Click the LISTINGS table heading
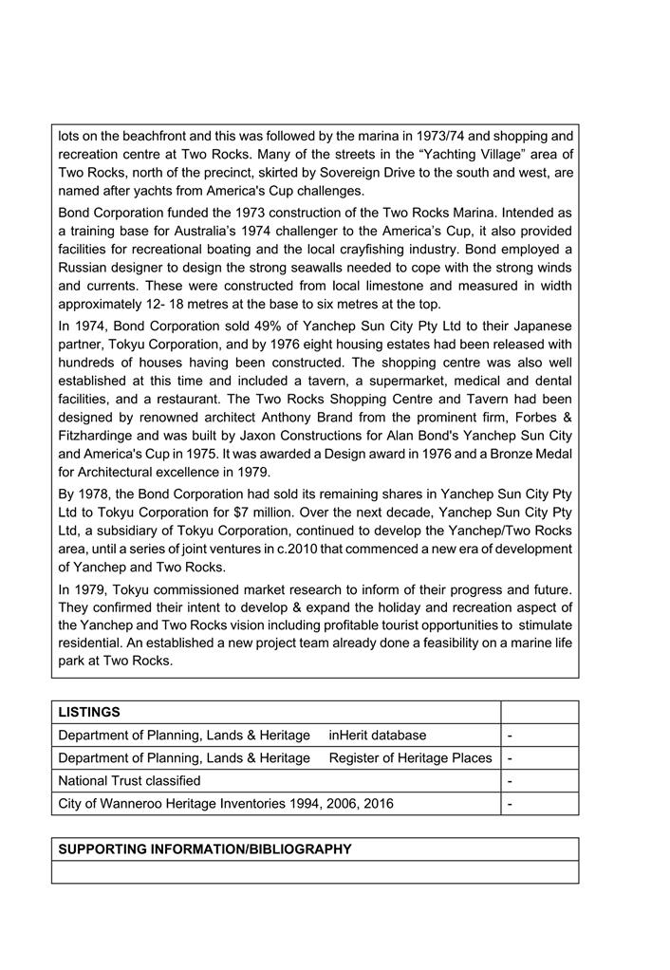89,712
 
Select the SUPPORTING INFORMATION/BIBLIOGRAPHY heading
205,849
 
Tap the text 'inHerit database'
378,735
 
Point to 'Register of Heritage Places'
411,757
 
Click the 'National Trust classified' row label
129,780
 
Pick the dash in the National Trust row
511,781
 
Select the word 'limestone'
344,287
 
